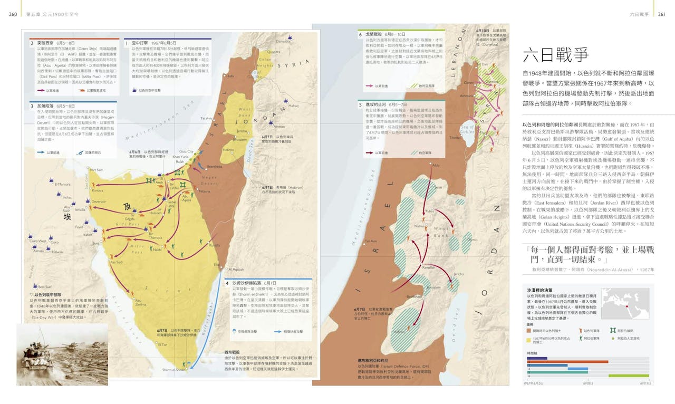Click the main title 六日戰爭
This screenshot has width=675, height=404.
[555, 55]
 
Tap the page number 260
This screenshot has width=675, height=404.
[14, 14]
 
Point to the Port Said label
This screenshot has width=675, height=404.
[95, 170]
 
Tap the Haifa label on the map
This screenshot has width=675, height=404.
[229, 75]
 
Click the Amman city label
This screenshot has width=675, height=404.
[279, 127]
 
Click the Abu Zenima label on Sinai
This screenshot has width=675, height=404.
[140, 303]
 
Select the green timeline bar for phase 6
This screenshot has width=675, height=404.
[629, 376]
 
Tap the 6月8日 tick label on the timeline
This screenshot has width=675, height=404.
[588, 383]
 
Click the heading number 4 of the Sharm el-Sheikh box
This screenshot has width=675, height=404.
[228, 283]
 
